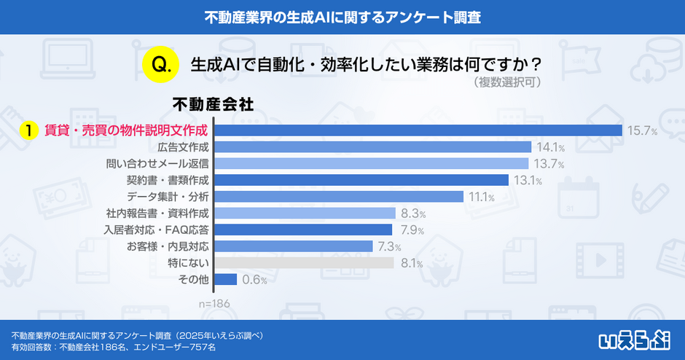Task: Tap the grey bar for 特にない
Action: (x=305, y=262)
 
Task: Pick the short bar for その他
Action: (x=226, y=279)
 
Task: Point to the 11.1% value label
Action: (x=482, y=197)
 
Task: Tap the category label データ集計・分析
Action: (x=168, y=197)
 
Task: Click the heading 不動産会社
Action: (x=213, y=105)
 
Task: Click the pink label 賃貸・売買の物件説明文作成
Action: (x=126, y=131)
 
